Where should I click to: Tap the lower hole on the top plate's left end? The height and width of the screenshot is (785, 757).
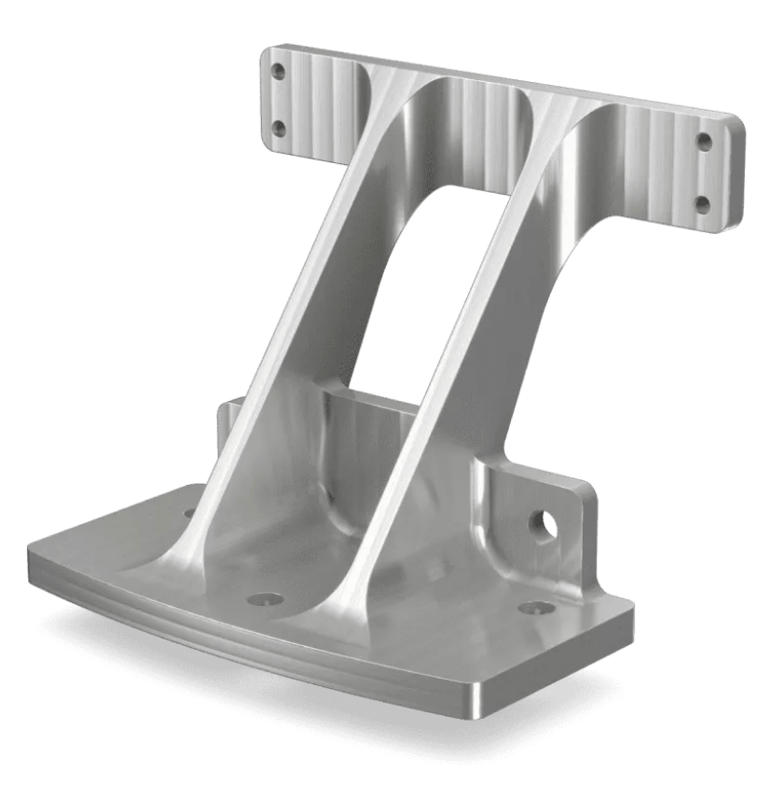point(278,129)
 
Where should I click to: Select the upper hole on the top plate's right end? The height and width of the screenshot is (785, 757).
point(704,142)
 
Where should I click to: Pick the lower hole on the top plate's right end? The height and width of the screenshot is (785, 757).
point(703,204)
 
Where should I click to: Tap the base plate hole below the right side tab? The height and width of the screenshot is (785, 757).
point(536,608)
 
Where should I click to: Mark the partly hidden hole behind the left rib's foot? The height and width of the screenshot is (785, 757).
point(189,512)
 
